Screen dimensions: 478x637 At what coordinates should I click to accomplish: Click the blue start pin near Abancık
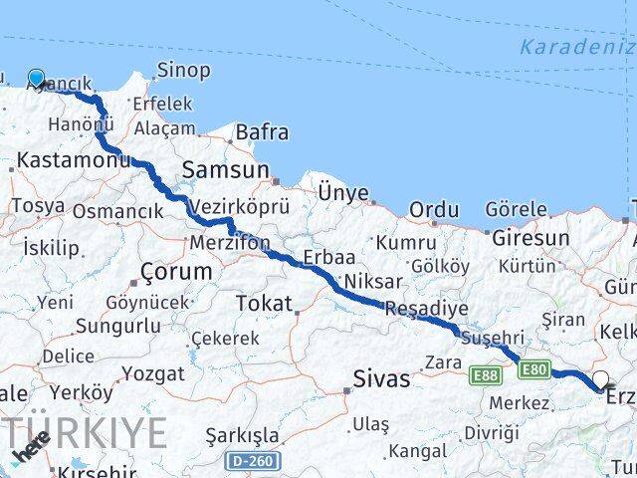(37, 79)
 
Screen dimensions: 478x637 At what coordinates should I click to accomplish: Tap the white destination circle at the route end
(600, 378)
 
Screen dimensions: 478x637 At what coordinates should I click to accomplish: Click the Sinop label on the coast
(184, 70)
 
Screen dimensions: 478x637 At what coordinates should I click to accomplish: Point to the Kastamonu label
(60, 159)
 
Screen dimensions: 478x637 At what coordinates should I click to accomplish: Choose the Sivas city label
(381, 378)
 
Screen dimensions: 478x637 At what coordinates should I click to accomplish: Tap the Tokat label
(264, 303)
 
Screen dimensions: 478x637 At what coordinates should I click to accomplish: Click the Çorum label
(176, 271)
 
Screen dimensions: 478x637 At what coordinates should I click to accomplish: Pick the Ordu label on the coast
(434, 210)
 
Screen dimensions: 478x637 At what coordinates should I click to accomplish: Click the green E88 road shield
(486, 373)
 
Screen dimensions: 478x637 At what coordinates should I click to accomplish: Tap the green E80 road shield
(532, 370)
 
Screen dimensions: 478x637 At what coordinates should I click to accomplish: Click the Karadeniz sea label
(576, 47)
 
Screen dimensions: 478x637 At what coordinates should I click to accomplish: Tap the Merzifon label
(230, 242)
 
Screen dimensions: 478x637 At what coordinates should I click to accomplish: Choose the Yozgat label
(152, 374)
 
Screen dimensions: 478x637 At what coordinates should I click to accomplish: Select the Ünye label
(342, 192)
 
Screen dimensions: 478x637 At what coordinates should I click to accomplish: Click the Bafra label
(262, 131)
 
